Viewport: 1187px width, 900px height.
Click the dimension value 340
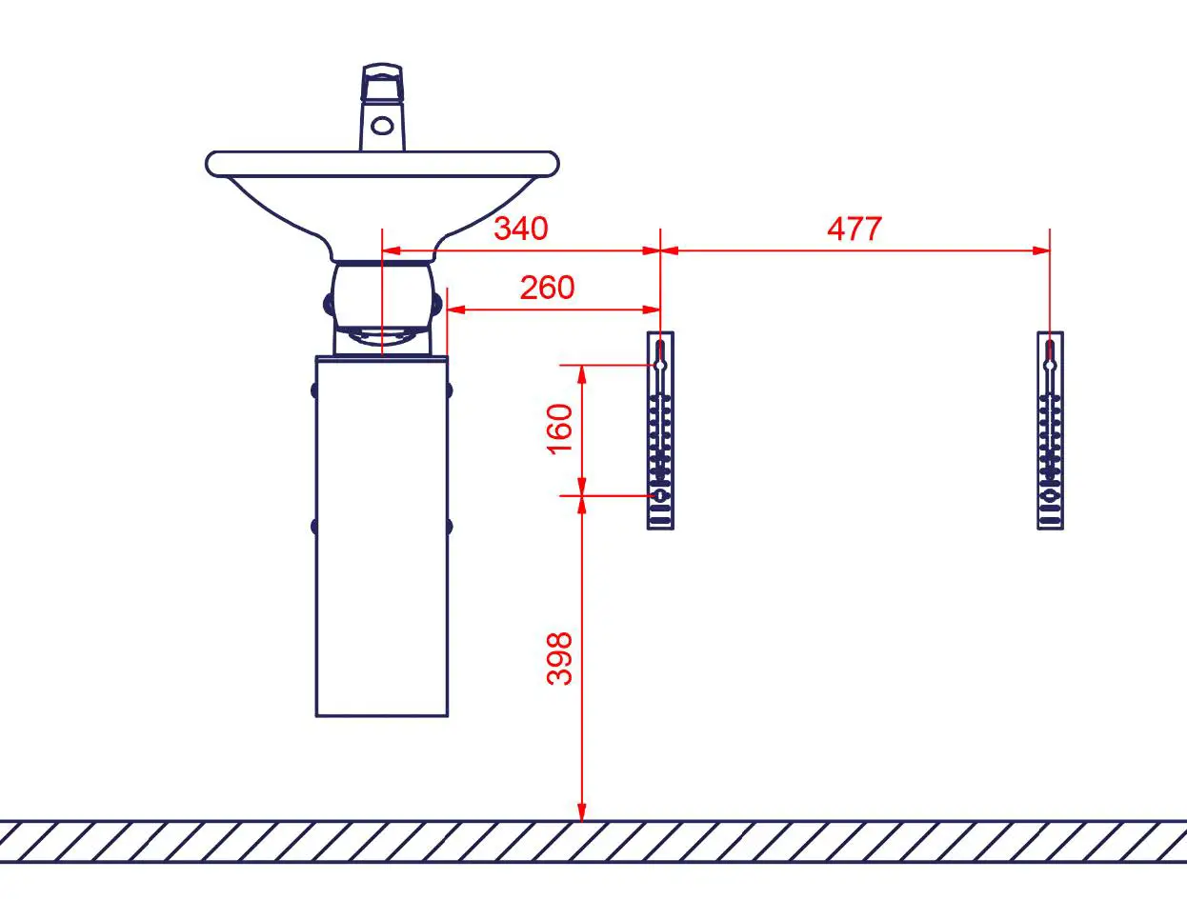[x=520, y=229]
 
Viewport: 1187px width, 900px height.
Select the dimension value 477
[x=855, y=229]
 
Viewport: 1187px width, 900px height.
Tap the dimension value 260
[x=547, y=287]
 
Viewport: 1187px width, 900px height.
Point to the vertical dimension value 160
[x=560, y=429]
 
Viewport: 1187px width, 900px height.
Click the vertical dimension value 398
[x=560, y=657]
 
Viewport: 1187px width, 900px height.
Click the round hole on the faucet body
[x=382, y=125]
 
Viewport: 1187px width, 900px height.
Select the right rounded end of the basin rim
[x=550, y=164]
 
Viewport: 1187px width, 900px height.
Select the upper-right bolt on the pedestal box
[x=448, y=390]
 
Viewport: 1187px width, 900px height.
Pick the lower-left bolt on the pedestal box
[x=315, y=526]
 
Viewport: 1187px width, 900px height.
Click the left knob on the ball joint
[x=328, y=304]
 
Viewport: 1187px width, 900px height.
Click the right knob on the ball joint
[x=437, y=304]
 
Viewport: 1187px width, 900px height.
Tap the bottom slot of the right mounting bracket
[x=1050, y=521]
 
